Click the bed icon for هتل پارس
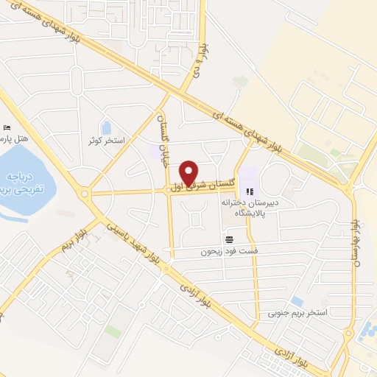tap(7, 127)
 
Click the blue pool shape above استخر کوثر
tap(107, 128)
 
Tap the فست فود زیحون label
tap(230, 251)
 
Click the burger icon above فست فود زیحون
tap(230, 239)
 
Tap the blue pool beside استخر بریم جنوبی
tap(297, 300)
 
